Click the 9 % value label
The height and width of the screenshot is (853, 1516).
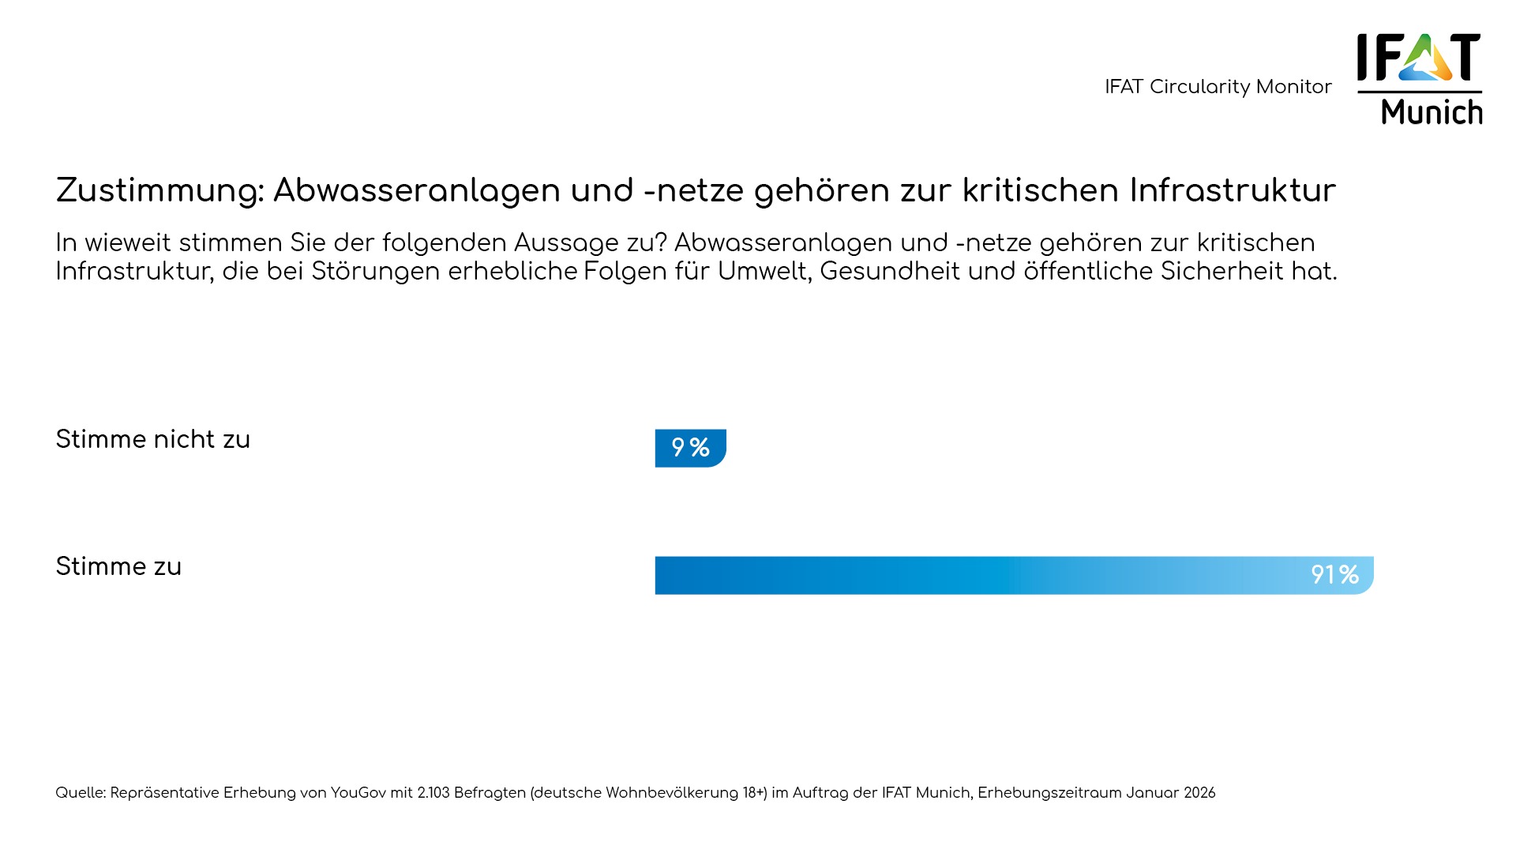(690, 448)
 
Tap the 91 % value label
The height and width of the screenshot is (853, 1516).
(1334, 575)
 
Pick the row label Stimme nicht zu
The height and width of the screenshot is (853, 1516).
(152, 440)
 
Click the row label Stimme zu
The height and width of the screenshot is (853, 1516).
(118, 567)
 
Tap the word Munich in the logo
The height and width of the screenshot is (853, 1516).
(1432, 112)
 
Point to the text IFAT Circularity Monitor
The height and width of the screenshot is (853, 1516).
(1218, 87)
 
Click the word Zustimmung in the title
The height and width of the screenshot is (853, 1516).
(159, 191)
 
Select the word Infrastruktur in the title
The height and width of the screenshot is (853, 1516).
(1232, 191)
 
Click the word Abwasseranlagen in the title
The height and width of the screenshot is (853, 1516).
(416, 191)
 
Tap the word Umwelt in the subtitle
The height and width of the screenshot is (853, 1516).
(764, 272)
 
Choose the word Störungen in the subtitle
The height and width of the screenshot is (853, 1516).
(375, 272)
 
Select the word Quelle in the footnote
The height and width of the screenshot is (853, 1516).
(80, 793)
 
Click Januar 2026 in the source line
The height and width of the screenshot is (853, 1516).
(1170, 793)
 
